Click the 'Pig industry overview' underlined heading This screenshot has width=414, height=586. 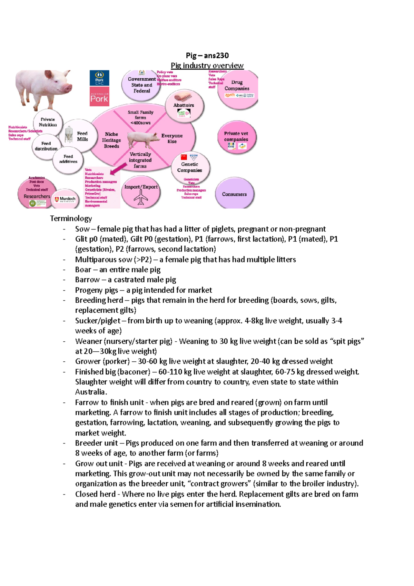pyautogui.click(x=207, y=66)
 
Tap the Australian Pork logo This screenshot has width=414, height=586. pyautogui.click(x=99, y=96)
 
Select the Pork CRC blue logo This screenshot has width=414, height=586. pyautogui.click(x=99, y=78)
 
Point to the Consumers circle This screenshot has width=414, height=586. pyautogui.click(x=234, y=194)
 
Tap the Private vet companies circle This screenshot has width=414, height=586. pyautogui.click(x=236, y=137)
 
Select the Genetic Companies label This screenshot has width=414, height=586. pyautogui.click(x=189, y=167)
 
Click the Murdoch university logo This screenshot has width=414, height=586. pyautogui.click(x=65, y=199)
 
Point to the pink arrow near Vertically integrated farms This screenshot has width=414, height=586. pyautogui.click(x=118, y=169)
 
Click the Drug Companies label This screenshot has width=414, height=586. pyautogui.click(x=237, y=85)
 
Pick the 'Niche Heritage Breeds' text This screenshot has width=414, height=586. pyautogui.click(x=111, y=140)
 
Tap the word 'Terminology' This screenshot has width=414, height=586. pyautogui.click(x=71, y=218)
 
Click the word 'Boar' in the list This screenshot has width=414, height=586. pyautogui.click(x=83, y=270)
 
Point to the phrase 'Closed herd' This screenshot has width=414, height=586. pyautogui.click(x=95, y=494)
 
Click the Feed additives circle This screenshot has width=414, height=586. pyautogui.click(x=68, y=159)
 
